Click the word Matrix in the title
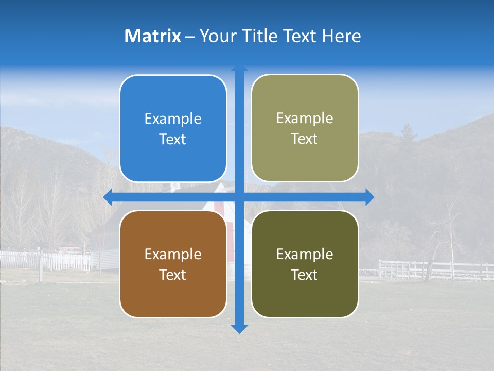coord(153,36)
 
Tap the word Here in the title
coord(341,36)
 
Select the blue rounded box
coord(173,129)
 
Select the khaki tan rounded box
coord(305,128)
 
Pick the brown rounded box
coord(173,264)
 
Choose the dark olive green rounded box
coord(305,264)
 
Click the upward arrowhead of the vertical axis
coord(239,69)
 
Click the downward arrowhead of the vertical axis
coord(239,328)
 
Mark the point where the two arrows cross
coord(239,197)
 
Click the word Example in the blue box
coord(173,119)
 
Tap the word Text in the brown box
coord(173,275)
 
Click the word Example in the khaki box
coord(305,119)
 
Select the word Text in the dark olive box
coord(305,275)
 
